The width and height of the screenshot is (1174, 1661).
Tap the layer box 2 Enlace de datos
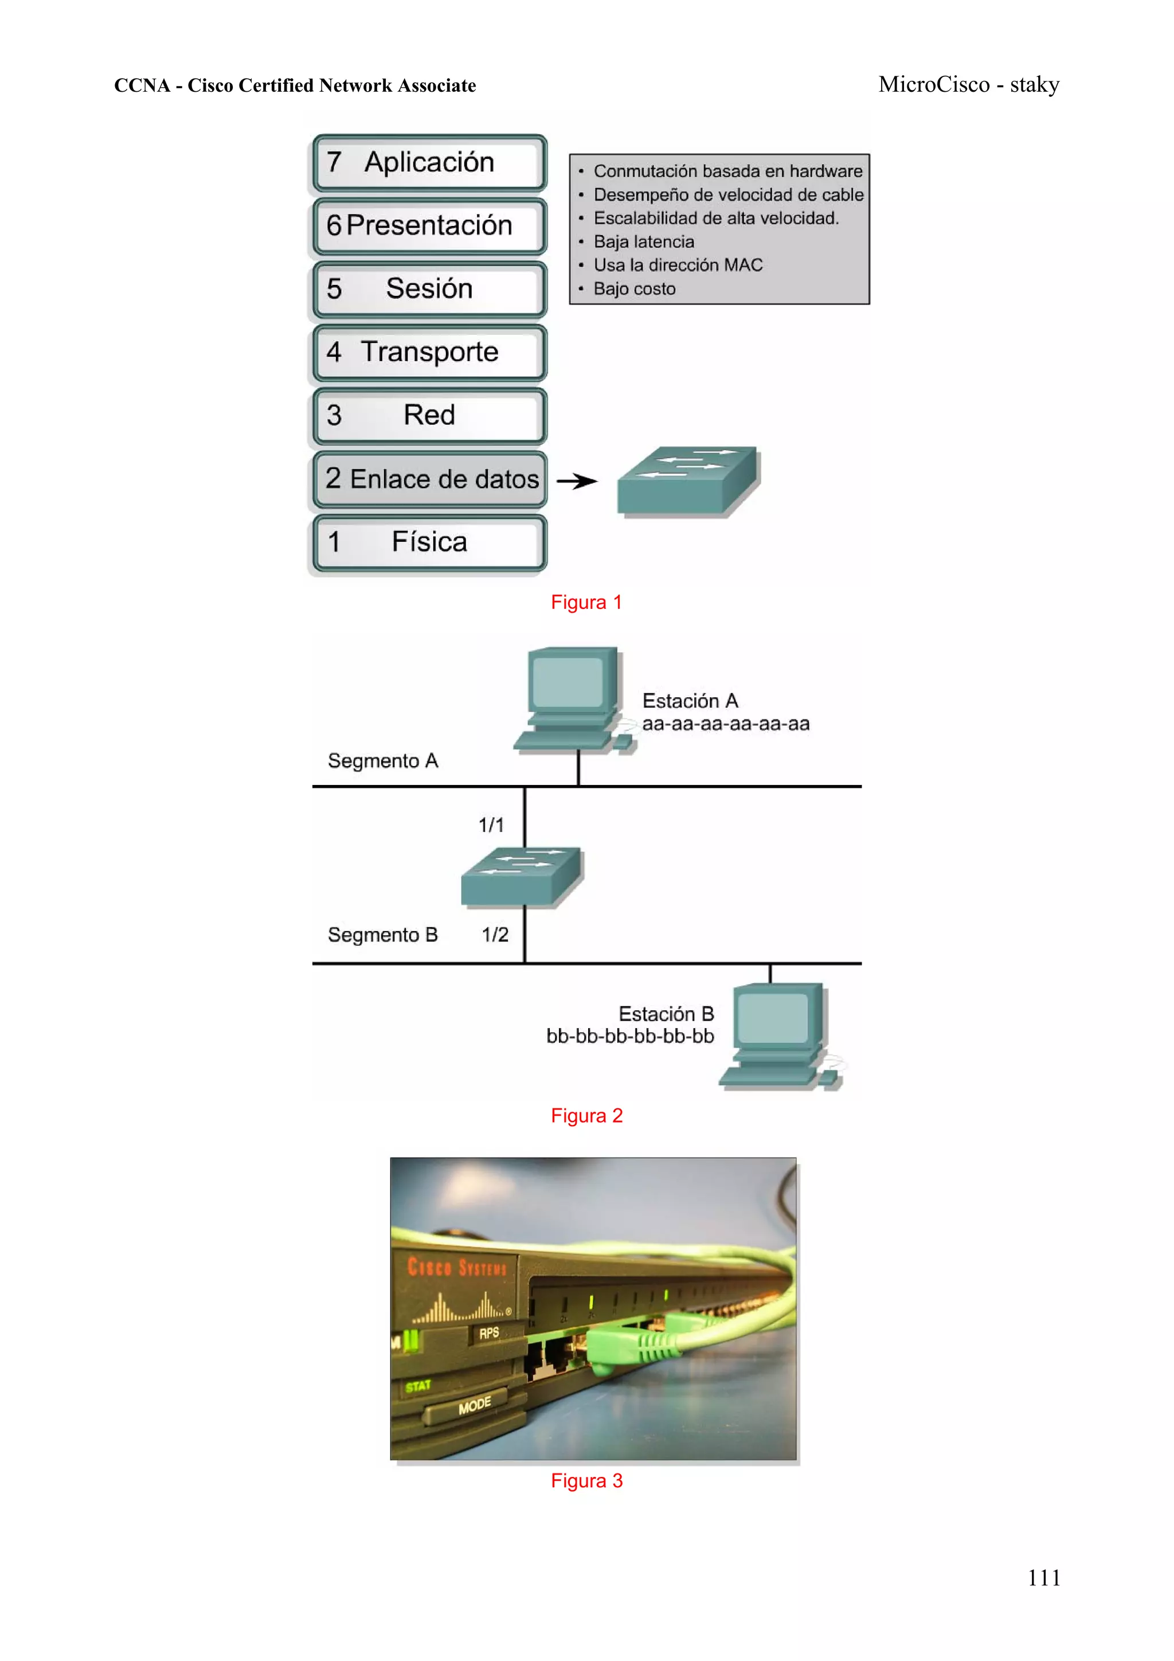(x=431, y=479)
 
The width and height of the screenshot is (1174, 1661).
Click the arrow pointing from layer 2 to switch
(x=577, y=481)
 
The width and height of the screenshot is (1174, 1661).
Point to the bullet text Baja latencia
(x=643, y=241)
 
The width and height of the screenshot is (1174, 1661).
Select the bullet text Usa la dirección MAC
(x=678, y=265)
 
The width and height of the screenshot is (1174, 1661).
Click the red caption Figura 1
(x=586, y=602)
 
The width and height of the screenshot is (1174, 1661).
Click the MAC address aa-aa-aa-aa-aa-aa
(x=726, y=724)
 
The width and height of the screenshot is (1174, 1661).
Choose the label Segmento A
(x=383, y=760)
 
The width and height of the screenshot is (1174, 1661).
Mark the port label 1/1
(x=491, y=824)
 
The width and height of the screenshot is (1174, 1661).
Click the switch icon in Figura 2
(x=522, y=876)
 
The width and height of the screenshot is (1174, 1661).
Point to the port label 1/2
(x=495, y=935)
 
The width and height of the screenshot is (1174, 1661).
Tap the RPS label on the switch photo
(x=489, y=1332)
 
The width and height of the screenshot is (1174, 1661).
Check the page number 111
(x=1043, y=1578)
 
